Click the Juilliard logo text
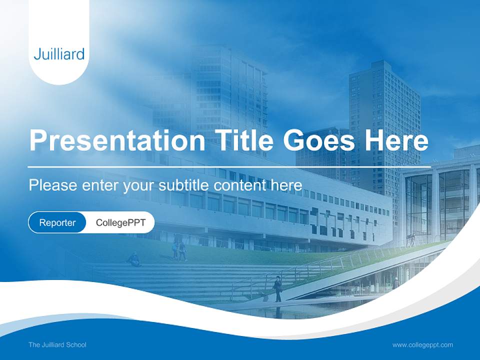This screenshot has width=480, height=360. [x=59, y=54]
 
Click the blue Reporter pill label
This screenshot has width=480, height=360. [x=57, y=222]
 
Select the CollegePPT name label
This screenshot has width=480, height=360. [x=120, y=222]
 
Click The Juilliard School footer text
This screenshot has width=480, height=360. [x=57, y=345]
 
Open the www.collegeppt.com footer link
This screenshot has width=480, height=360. [x=422, y=345]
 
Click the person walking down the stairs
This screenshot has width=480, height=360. [x=277, y=288]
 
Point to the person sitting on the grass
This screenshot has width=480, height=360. [x=134, y=259]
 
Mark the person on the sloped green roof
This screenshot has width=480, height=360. [x=411, y=240]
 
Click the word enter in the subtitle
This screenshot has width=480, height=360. [x=97, y=185]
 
